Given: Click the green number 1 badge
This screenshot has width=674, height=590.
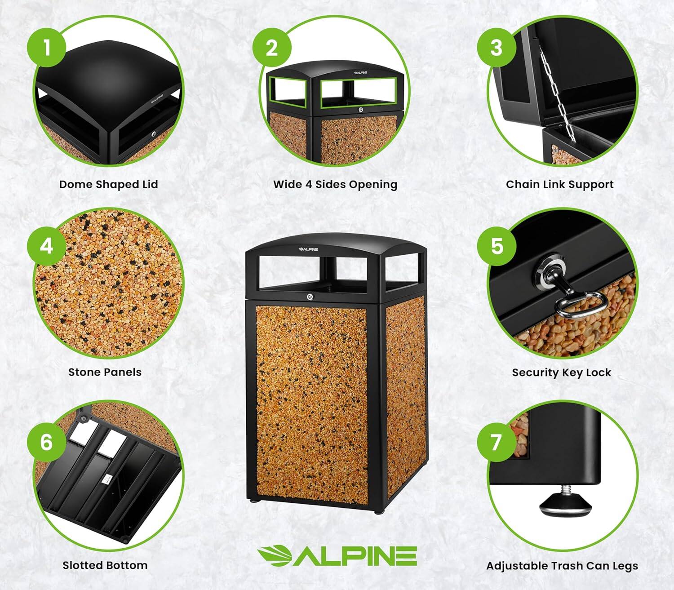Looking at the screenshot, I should [x=47, y=47].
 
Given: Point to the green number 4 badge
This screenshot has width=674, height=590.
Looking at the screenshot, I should [x=47, y=246].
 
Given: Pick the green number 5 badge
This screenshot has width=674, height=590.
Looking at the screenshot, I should [x=497, y=246].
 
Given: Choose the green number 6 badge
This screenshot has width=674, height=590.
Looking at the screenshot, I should [x=47, y=442].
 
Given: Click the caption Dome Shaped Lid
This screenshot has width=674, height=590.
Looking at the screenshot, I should [x=109, y=184].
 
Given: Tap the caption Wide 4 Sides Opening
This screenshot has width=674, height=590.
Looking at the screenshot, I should [x=335, y=184].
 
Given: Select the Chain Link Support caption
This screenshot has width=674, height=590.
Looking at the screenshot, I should [x=559, y=184].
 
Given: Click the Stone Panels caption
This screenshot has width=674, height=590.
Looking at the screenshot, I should [x=105, y=372].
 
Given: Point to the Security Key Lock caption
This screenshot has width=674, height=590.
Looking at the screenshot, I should [x=561, y=373].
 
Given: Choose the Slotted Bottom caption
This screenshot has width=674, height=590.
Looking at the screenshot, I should [x=105, y=565].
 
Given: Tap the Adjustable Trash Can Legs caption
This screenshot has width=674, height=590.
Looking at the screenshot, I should [x=562, y=566].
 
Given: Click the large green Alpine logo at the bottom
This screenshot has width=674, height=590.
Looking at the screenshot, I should [x=337, y=556].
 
